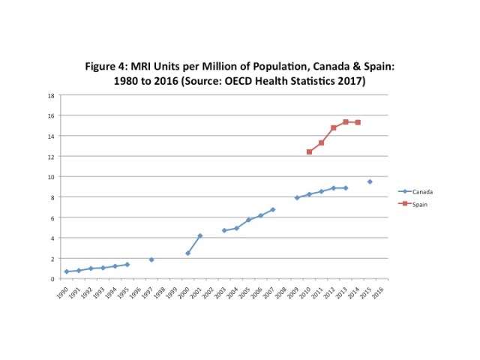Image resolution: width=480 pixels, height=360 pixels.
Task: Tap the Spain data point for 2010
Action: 309,151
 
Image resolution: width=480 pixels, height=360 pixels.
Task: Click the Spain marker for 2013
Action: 346,121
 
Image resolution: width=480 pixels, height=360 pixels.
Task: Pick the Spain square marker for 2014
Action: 358,122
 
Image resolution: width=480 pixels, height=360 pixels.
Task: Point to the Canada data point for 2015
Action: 370,181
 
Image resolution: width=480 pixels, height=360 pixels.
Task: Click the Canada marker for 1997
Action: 151,259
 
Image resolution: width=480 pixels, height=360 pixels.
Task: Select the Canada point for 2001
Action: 199,235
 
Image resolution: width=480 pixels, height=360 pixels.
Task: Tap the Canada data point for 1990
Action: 67,271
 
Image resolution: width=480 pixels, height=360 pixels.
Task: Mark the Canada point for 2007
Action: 272,210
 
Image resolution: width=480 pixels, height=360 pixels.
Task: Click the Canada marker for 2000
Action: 187,253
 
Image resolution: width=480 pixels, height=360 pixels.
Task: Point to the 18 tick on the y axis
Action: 51,95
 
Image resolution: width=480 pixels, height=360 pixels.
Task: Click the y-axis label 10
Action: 51,177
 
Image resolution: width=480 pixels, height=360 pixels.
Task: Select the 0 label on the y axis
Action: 52,278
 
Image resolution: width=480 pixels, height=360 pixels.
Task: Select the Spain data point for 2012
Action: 334,128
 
